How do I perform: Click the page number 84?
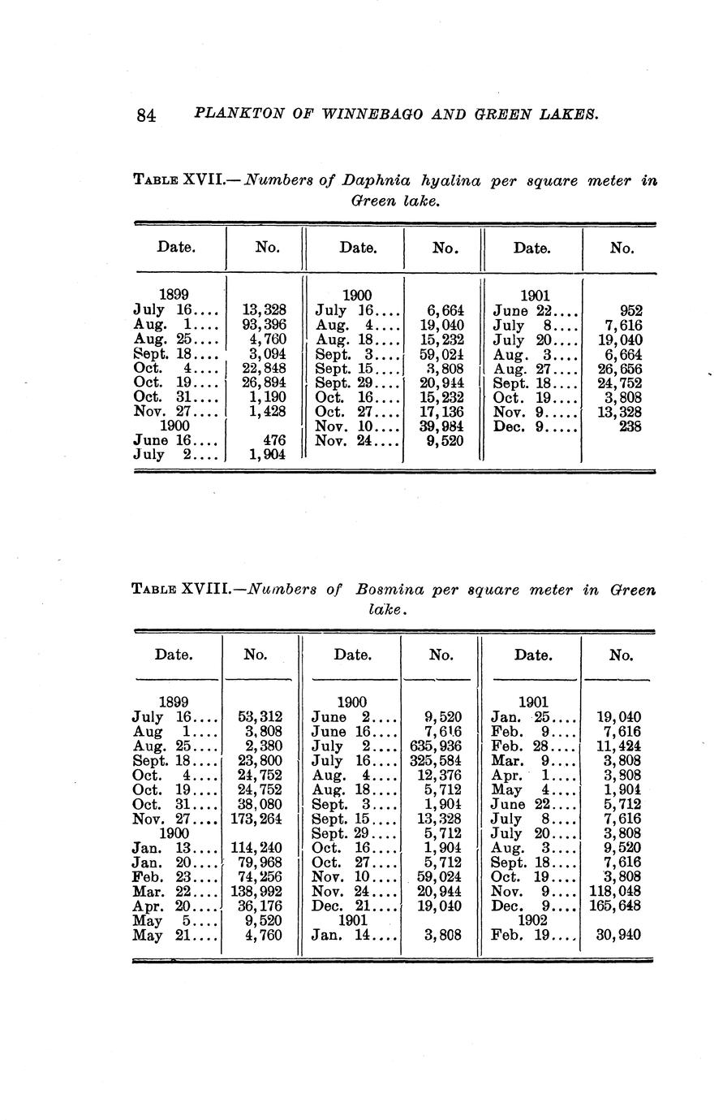click(146, 115)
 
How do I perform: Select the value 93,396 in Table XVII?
click(264, 324)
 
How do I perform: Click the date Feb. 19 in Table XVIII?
click(525, 935)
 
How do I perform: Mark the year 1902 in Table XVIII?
click(533, 920)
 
